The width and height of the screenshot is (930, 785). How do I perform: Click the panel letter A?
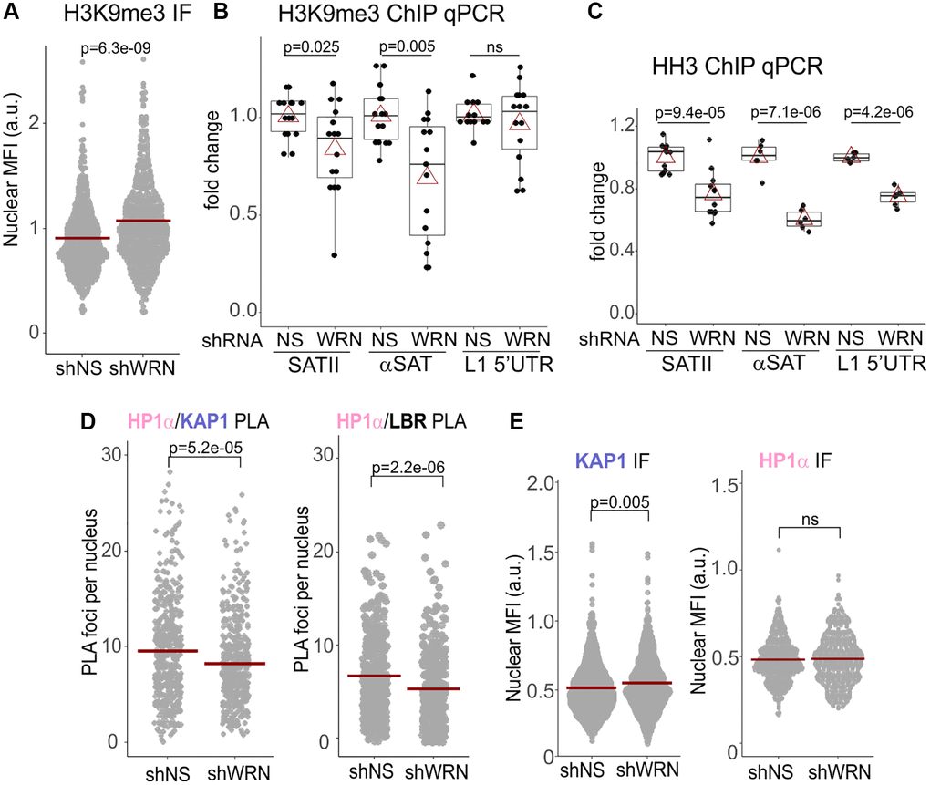coord(14,15)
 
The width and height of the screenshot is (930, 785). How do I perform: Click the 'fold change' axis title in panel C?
coord(599,212)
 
